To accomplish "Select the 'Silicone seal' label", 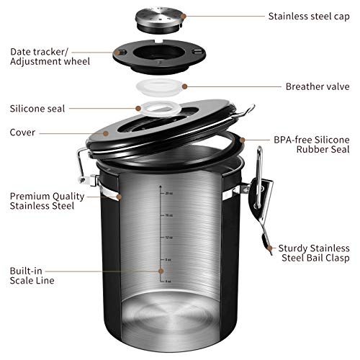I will click(37, 109).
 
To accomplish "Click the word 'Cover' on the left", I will click(24, 132).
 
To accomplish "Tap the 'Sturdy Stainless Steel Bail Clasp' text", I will click(313, 252).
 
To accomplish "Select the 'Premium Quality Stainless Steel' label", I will click(42, 200).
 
